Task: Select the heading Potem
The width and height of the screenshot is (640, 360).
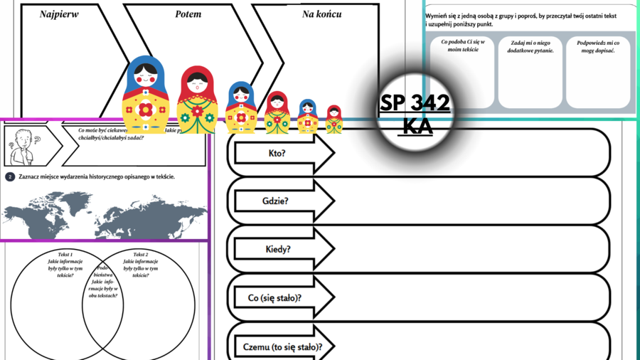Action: coord(188,14)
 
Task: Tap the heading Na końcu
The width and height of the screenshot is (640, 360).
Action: coord(321,14)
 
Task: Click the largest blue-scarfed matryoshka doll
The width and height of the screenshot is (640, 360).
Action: coord(145,95)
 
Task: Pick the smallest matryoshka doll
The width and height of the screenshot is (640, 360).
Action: coord(334,120)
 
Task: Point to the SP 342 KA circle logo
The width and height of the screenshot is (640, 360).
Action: coord(415,114)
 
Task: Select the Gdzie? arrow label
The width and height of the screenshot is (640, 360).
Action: coord(275,201)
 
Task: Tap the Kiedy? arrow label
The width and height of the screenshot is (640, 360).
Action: coord(277,249)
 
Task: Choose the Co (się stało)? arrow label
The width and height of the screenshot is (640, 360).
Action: coord(275,297)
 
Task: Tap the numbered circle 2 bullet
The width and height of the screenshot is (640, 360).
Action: coord(10,176)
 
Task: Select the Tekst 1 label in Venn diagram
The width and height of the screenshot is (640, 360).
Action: coord(65,254)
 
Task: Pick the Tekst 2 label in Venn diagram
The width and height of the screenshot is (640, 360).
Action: coord(141,254)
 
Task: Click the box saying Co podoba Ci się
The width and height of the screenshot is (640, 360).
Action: coord(462,72)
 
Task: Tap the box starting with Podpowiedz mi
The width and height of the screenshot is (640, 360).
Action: coord(598,72)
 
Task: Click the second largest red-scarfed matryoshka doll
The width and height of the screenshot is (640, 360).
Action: coord(277,112)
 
